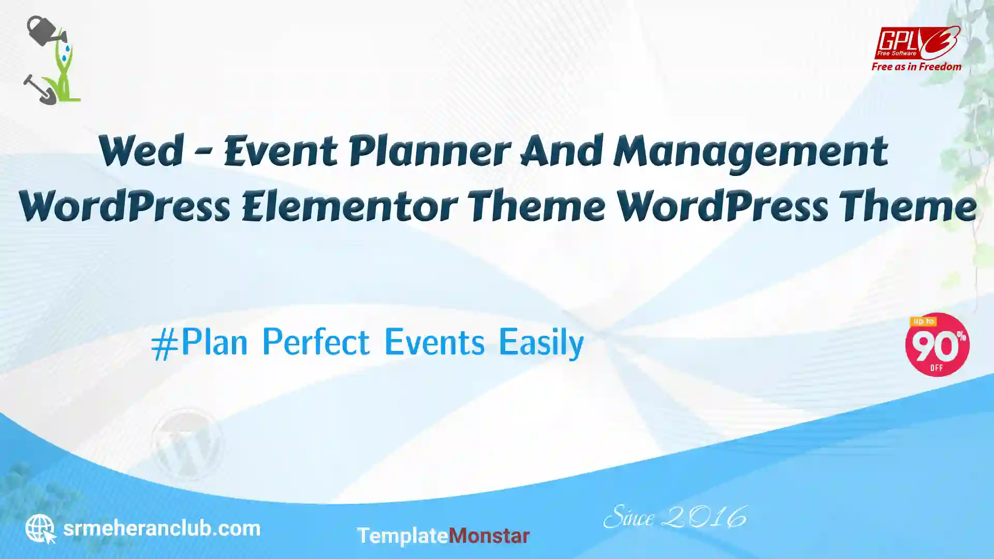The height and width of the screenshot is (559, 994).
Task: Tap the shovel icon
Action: tap(39, 90)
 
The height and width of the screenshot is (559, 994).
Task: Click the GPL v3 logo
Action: tap(917, 43)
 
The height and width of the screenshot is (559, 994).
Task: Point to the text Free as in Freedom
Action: tap(916, 67)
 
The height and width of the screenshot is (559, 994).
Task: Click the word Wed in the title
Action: tap(141, 151)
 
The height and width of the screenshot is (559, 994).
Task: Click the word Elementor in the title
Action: tap(349, 206)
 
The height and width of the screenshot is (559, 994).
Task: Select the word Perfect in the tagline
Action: tap(316, 342)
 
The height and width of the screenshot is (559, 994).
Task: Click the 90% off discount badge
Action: tap(937, 345)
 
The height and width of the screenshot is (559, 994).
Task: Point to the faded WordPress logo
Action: tap(187, 444)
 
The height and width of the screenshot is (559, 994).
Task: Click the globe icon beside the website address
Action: tap(40, 528)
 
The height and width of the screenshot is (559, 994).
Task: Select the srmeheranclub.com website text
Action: tap(162, 528)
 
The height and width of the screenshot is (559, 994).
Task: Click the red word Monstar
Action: tap(489, 536)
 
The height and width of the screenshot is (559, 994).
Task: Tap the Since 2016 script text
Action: tap(675, 517)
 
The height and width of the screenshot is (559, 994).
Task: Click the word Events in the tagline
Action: tap(434, 342)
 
